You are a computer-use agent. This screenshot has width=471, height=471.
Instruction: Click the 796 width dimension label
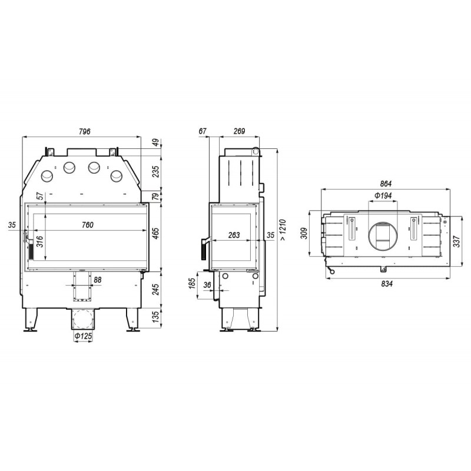(84, 131)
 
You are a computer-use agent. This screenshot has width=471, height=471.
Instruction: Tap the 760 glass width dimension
(87, 225)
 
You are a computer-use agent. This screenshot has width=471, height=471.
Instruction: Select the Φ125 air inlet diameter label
(82, 336)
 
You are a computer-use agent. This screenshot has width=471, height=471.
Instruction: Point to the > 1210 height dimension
(283, 230)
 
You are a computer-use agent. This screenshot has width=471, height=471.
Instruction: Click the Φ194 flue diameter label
(383, 196)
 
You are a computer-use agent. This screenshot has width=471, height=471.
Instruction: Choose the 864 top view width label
(386, 184)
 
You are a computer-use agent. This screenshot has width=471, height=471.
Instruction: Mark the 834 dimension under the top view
(387, 284)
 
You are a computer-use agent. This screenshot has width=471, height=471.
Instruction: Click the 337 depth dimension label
(456, 241)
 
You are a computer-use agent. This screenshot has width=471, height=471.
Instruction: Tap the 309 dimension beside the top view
(304, 233)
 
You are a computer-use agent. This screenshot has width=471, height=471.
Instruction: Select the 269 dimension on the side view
(239, 131)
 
